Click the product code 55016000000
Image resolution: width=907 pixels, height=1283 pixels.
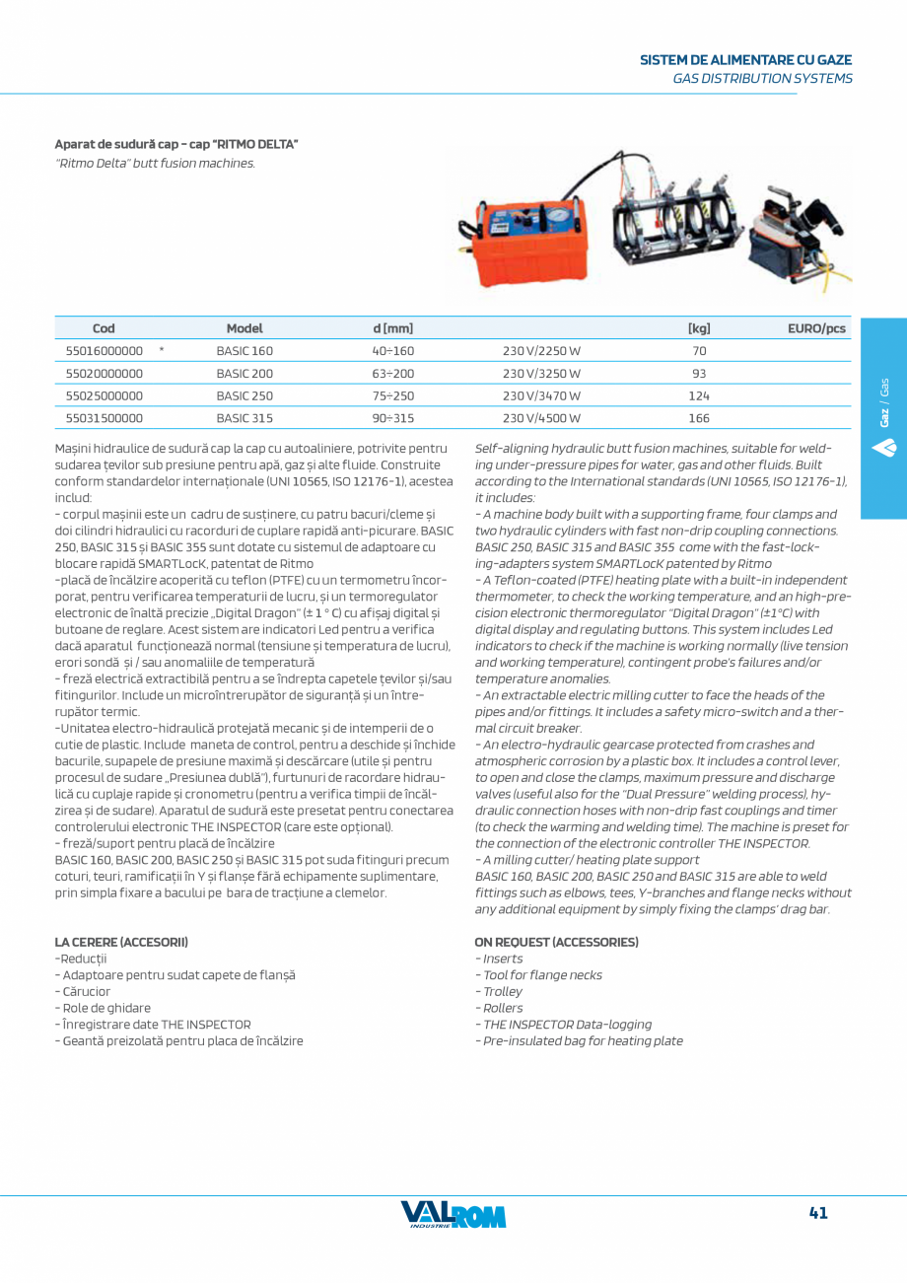pyautogui.click(x=104, y=351)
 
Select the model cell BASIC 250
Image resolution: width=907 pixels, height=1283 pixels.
pyautogui.click(x=244, y=395)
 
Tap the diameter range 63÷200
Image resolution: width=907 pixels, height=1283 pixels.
pyautogui.click(x=393, y=374)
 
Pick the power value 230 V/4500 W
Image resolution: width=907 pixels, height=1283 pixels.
pyautogui.click(x=541, y=418)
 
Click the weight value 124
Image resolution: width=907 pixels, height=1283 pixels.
pyautogui.click(x=699, y=395)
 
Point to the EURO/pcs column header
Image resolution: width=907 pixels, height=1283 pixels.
pyautogui.click(x=816, y=329)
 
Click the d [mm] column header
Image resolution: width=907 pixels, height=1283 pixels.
pyautogui.click(x=393, y=329)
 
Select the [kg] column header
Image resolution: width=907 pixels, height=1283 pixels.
pyautogui.click(x=699, y=329)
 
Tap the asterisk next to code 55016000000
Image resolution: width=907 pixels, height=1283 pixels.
pyautogui.click(x=161, y=349)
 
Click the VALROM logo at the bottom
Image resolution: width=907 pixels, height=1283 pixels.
pyautogui.click(x=453, y=1215)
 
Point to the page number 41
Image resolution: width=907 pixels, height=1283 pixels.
pyautogui.click(x=817, y=1214)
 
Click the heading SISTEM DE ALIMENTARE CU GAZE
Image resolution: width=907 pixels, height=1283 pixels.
pyautogui.click(x=745, y=60)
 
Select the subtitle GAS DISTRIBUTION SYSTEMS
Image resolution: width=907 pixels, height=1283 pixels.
pyautogui.click(x=762, y=78)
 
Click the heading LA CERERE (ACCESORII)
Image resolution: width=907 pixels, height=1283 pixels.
pyautogui.click(x=121, y=942)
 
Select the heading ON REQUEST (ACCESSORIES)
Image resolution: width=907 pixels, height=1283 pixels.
pyautogui.click(x=556, y=942)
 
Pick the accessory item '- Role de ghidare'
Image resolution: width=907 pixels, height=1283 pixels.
pyautogui.click(x=103, y=1008)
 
